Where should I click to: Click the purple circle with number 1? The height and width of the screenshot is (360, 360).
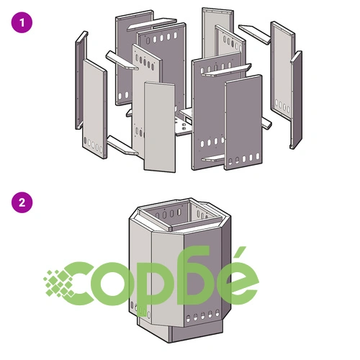(22, 22)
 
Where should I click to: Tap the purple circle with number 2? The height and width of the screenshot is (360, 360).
(22, 202)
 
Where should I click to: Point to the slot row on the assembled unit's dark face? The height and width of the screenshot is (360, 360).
(203, 315)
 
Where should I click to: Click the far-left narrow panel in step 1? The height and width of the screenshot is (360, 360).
(81, 81)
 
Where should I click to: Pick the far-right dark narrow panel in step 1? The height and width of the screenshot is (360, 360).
(296, 99)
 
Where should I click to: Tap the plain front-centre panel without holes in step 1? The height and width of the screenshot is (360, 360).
(159, 127)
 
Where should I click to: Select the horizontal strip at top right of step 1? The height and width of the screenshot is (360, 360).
(255, 34)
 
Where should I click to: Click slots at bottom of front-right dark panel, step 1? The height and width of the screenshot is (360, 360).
(244, 159)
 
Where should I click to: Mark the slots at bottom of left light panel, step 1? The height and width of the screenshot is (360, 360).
(93, 145)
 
